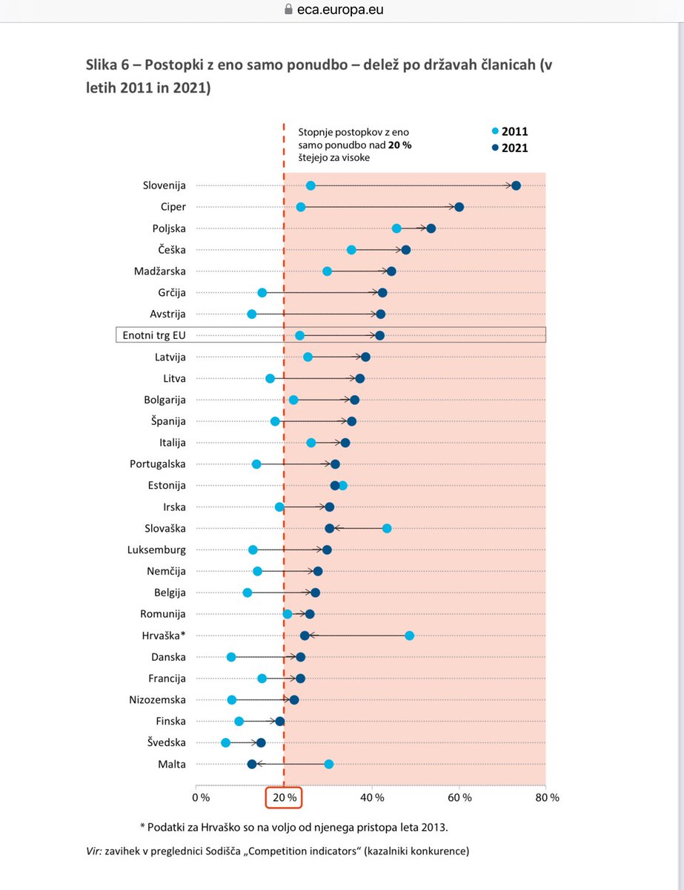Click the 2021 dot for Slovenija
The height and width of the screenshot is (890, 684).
coord(516,185)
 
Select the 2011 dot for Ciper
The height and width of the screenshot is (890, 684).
coord(301,207)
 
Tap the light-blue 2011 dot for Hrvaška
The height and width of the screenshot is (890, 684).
coord(409,636)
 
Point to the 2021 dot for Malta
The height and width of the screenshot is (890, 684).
coord(252,764)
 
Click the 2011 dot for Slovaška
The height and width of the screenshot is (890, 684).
coord(387,528)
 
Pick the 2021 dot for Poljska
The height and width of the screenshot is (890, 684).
coord(431,228)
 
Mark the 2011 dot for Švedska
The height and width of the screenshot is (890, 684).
coord(226,742)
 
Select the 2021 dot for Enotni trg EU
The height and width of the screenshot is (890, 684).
coord(380,336)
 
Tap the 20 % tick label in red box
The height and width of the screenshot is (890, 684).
coord(284,797)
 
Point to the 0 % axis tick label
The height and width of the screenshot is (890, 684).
coord(200,797)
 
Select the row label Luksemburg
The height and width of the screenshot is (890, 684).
coord(157,550)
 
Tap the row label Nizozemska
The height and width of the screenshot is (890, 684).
coord(157,699)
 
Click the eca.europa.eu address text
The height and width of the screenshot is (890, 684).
coord(351,10)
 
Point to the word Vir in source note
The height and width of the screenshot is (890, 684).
coord(94,852)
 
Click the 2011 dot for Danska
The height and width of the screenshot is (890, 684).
coord(231,657)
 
